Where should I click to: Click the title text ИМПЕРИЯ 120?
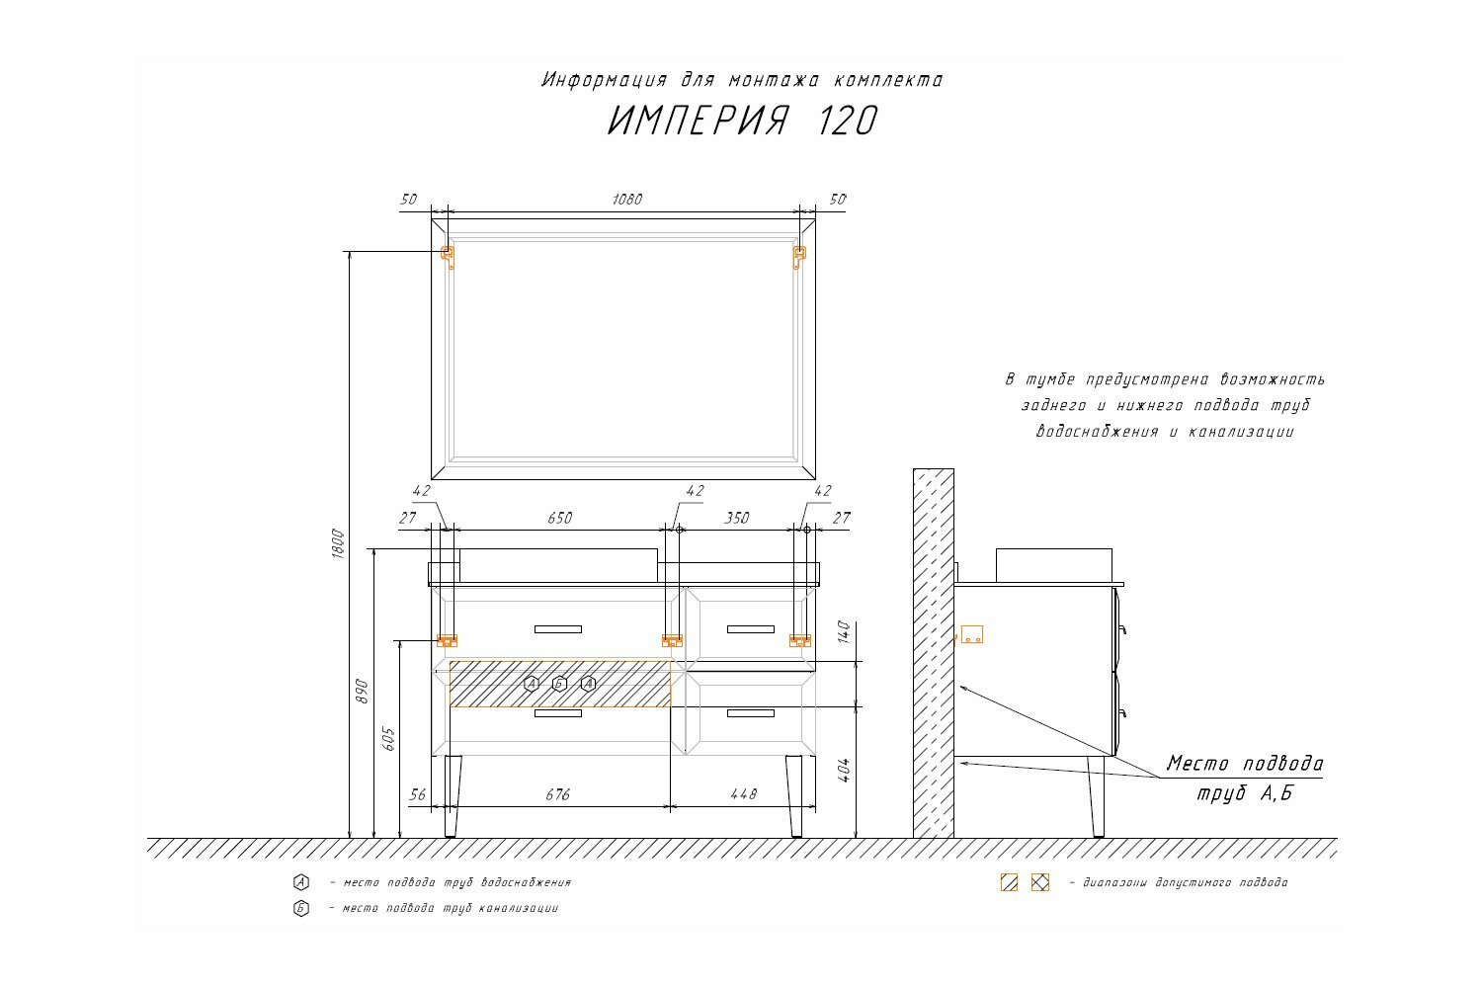click(x=741, y=122)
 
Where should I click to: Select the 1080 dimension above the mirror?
click(x=627, y=200)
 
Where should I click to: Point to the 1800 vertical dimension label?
click(x=337, y=545)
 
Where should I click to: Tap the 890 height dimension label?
click(x=362, y=691)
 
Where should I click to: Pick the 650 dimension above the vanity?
click(x=559, y=518)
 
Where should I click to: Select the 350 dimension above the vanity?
click(x=737, y=518)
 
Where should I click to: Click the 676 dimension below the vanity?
click(x=557, y=794)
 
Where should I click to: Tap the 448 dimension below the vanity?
click(x=743, y=794)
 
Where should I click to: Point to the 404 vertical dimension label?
click(x=843, y=771)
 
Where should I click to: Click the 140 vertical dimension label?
click(x=843, y=632)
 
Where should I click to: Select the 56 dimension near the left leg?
click(x=417, y=794)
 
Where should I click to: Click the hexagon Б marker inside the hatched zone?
click(x=559, y=684)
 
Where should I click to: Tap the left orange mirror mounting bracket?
click(x=448, y=257)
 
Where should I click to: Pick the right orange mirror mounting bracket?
click(x=799, y=257)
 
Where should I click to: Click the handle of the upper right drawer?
click(x=751, y=629)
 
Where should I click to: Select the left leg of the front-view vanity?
click(x=453, y=795)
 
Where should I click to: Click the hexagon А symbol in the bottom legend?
click(x=301, y=882)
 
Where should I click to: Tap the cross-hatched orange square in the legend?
click(x=1040, y=882)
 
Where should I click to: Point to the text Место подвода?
click(x=1245, y=764)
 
